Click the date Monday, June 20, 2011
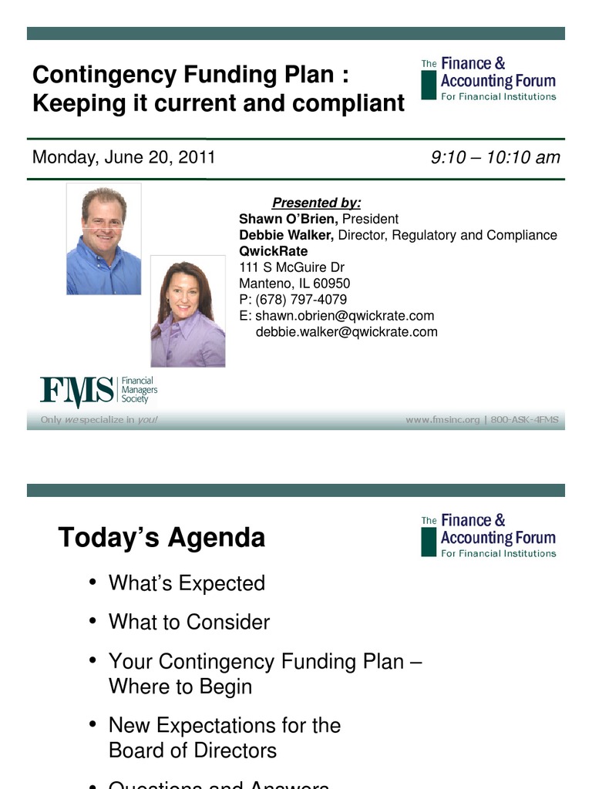point(123,158)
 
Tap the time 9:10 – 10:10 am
point(495,158)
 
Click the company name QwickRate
point(273,251)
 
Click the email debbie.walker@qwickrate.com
point(346,332)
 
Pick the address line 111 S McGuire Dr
point(291,267)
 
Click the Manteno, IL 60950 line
point(294,284)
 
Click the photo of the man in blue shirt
point(103,239)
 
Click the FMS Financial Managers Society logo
point(99,391)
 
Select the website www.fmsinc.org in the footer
point(442,420)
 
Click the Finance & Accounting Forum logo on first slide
point(489,79)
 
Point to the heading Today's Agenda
point(161,538)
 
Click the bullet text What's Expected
point(187,583)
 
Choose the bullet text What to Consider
point(189,622)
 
